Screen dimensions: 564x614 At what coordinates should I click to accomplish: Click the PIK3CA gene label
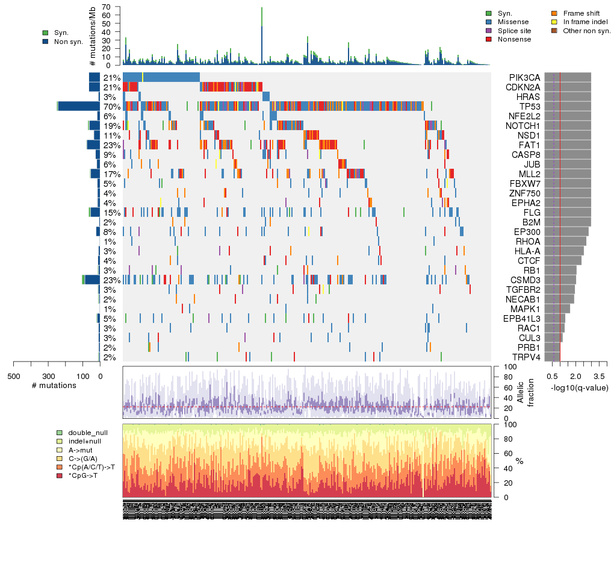pos(524,78)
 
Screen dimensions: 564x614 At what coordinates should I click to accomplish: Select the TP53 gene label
pos(524,107)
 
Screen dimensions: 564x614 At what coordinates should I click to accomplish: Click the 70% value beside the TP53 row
pos(112,107)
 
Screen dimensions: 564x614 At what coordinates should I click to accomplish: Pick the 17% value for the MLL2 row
pos(112,174)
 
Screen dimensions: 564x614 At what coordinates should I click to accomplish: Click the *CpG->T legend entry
pos(84,476)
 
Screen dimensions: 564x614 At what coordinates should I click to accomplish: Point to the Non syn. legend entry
pos(68,42)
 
